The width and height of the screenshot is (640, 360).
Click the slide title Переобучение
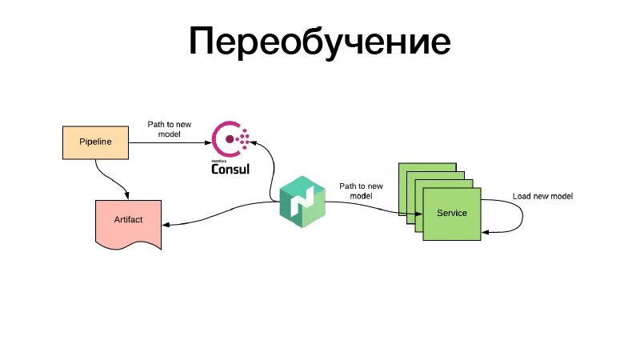319,42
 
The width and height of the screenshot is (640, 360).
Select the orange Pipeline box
95,142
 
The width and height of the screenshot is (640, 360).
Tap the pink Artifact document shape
128,222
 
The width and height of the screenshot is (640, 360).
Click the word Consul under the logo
231,168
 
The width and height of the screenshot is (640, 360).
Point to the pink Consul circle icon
233,139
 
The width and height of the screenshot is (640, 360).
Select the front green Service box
451,214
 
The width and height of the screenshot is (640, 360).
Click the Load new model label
542,196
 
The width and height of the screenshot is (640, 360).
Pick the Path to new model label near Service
361,190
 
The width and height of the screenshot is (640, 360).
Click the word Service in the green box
451,214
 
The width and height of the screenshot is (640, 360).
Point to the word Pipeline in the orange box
95,142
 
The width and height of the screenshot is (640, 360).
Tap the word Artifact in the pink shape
128,219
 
